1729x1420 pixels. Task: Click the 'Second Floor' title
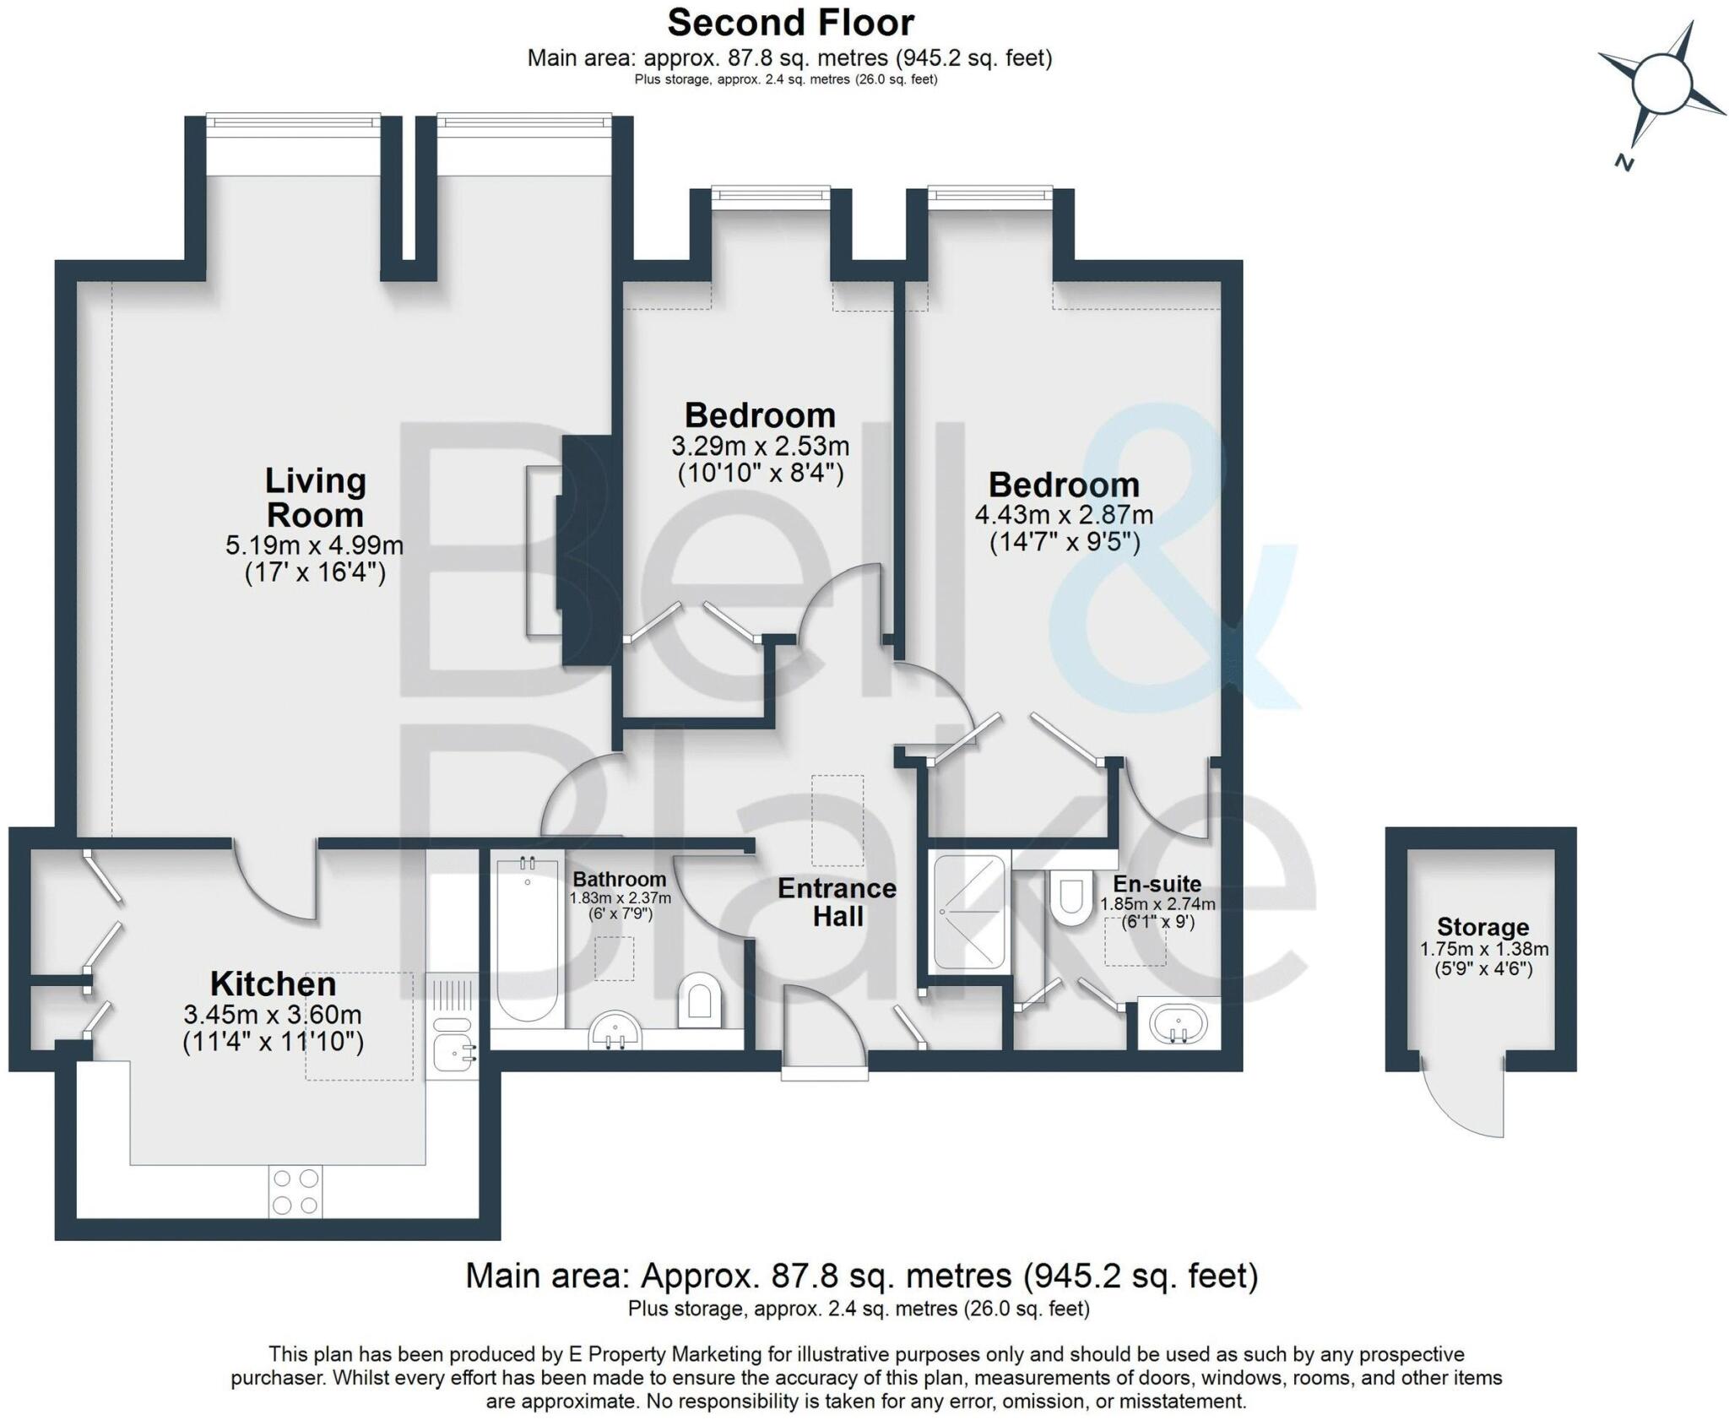(x=790, y=23)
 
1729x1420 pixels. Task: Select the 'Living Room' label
(x=315, y=497)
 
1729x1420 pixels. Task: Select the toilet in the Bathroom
(x=700, y=1000)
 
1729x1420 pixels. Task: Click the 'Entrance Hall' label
(x=837, y=902)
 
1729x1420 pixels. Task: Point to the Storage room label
(x=1483, y=927)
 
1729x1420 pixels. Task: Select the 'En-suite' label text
(x=1157, y=884)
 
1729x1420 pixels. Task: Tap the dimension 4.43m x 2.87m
(x=1064, y=514)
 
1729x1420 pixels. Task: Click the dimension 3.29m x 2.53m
(x=760, y=445)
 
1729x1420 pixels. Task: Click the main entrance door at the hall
(x=824, y=1032)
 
